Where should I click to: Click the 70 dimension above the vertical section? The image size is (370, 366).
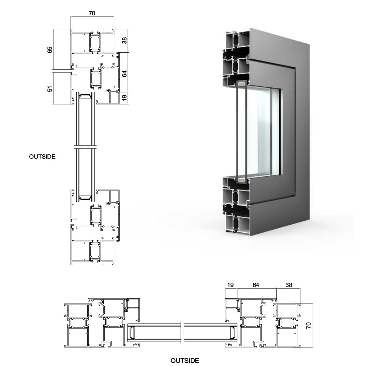click(92, 13)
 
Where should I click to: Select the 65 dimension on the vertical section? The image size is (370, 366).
click(50, 50)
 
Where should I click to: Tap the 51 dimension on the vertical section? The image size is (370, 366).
click(50, 89)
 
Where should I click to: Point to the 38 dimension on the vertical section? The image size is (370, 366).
click(124, 40)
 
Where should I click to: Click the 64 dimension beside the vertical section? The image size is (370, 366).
click(124, 73)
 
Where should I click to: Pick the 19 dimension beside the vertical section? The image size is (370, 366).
click(124, 97)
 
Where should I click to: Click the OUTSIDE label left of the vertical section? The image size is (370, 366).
click(42, 157)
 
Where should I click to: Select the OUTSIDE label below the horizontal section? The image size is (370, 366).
click(185, 361)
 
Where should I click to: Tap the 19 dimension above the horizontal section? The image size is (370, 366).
click(230, 285)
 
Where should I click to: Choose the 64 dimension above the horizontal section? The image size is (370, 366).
click(256, 285)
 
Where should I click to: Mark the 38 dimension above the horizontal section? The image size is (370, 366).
click(289, 285)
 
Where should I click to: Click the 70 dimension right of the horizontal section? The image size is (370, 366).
click(308, 325)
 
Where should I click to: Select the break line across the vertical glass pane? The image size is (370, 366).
click(85, 147)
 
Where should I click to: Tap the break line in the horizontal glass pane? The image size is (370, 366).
click(182, 333)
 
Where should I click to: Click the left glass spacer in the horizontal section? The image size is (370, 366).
click(132, 333)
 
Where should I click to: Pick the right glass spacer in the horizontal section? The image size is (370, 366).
click(233, 333)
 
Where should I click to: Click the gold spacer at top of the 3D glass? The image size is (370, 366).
click(241, 83)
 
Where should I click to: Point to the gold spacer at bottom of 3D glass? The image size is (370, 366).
click(241, 180)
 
